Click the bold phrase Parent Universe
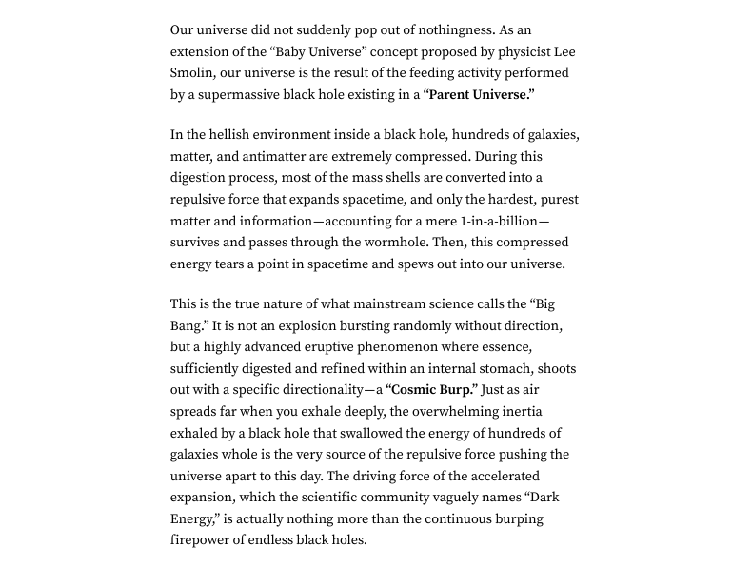[x=480, y=94]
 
